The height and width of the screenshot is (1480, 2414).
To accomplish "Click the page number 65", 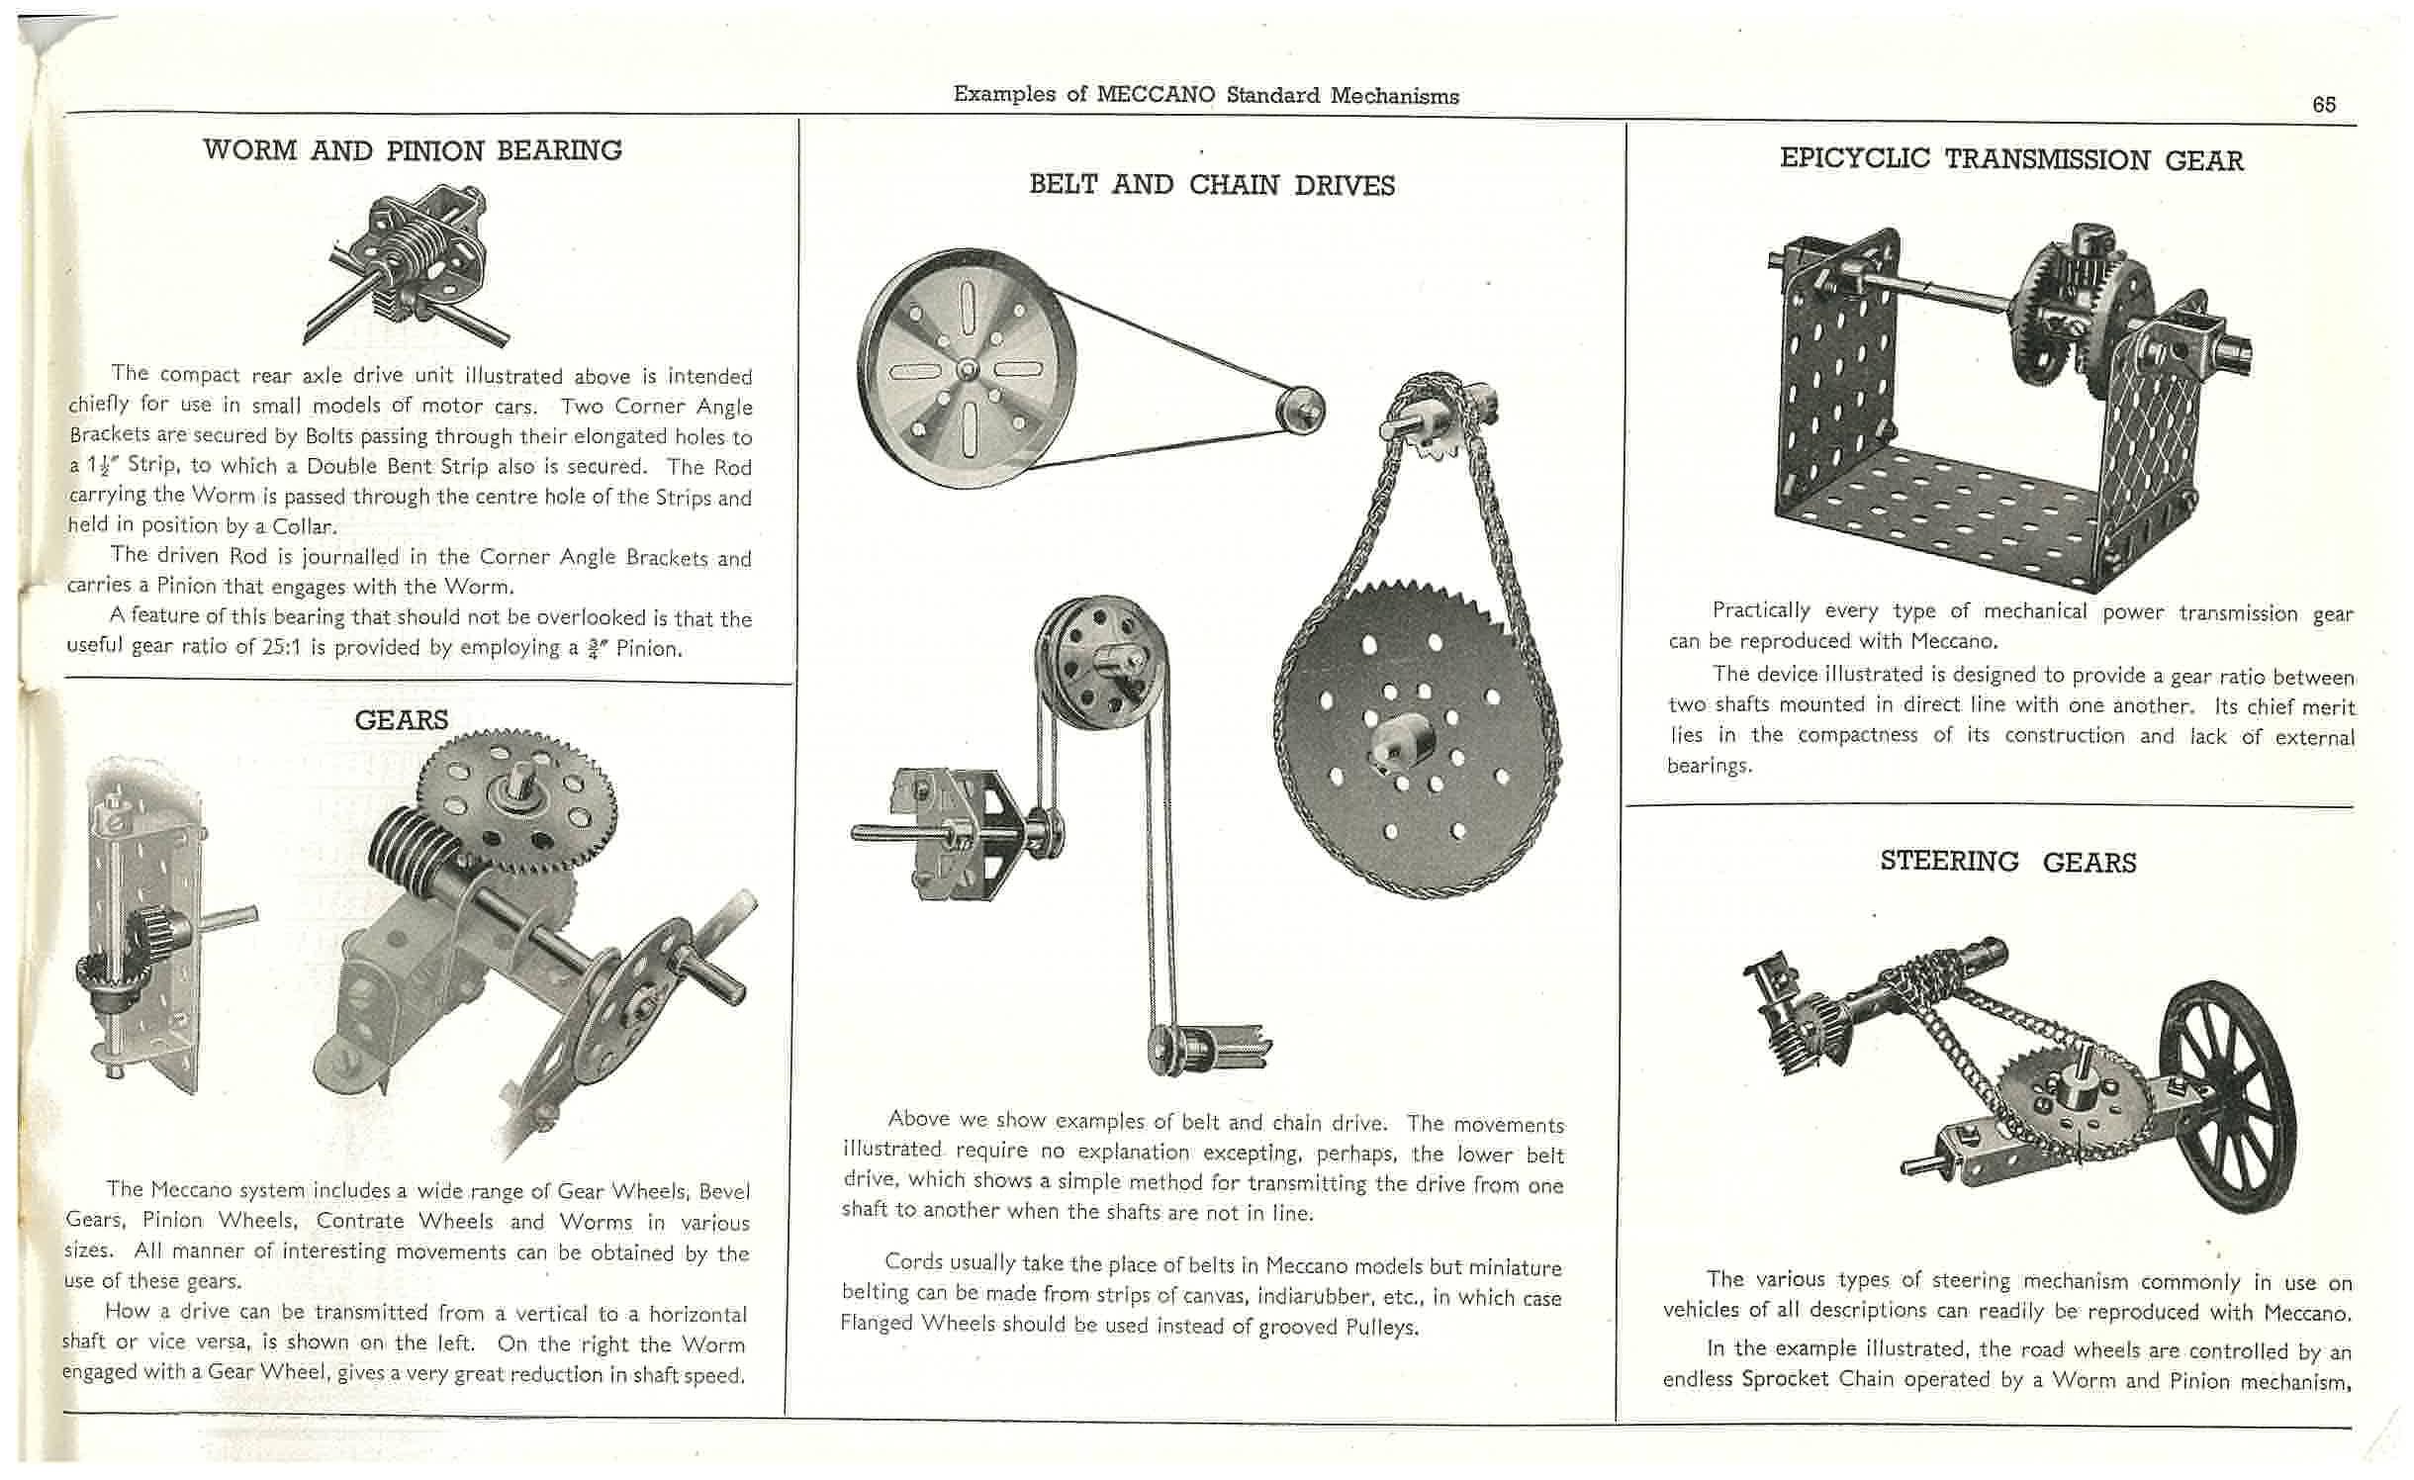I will tap(2323, 105).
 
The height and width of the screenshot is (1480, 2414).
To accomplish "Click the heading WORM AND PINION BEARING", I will tap(413, 150).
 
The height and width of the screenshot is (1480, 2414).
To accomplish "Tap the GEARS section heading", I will tap(401, 719).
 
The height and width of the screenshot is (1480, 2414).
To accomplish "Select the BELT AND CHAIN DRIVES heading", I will tap(1212, 185).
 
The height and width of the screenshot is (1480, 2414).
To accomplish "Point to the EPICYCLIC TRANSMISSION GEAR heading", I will tap(2010, 159).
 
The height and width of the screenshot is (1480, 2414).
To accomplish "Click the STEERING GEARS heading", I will tap(2007, 862).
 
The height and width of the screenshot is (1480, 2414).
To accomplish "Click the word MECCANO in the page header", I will tap(1155, 95).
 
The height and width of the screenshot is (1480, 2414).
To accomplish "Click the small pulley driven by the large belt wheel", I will tap(1300, 409).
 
